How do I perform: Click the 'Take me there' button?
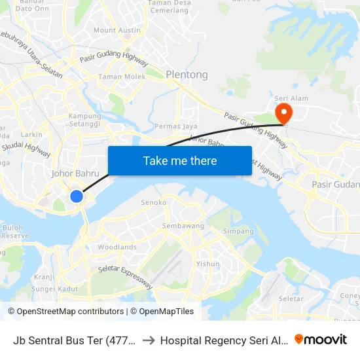tap(180, 160)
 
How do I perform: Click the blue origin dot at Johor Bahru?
tap(77, 196)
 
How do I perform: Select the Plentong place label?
tap(187, 75)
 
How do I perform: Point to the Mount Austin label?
tap(117, 30)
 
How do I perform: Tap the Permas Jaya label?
tap(175, 126)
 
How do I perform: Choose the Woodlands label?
tap(117, 247)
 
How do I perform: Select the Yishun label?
tap(208, 264)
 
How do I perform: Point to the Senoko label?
tap(154, 203)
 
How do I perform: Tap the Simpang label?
tap(238, 231)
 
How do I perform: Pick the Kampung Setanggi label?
tap(84, 120)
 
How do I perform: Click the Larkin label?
tap(31, 134)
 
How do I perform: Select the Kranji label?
tap(44, 277)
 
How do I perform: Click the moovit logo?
tap(321, 339)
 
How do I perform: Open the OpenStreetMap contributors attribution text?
tap(65, 312)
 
